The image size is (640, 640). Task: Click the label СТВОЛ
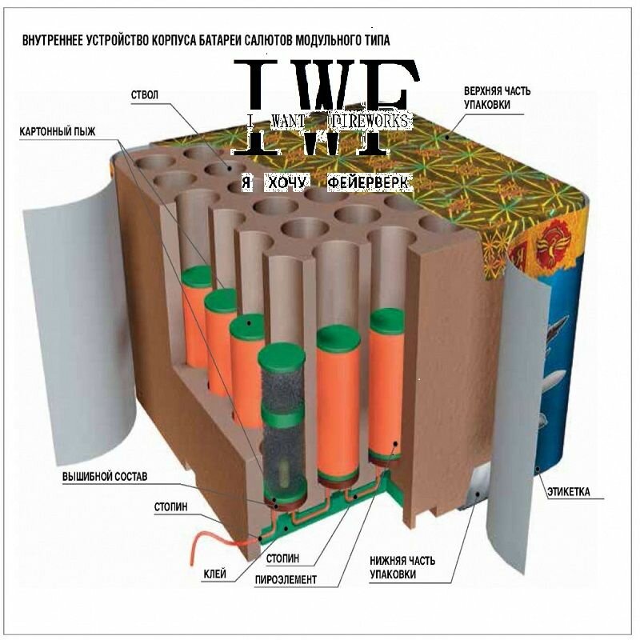click(x=145, y=95)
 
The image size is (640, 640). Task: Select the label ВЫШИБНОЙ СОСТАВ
click(x=105, y=478)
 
